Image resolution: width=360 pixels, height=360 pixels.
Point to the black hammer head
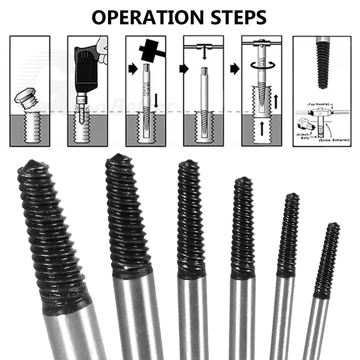148,48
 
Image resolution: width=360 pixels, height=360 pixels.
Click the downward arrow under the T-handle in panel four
204,54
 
